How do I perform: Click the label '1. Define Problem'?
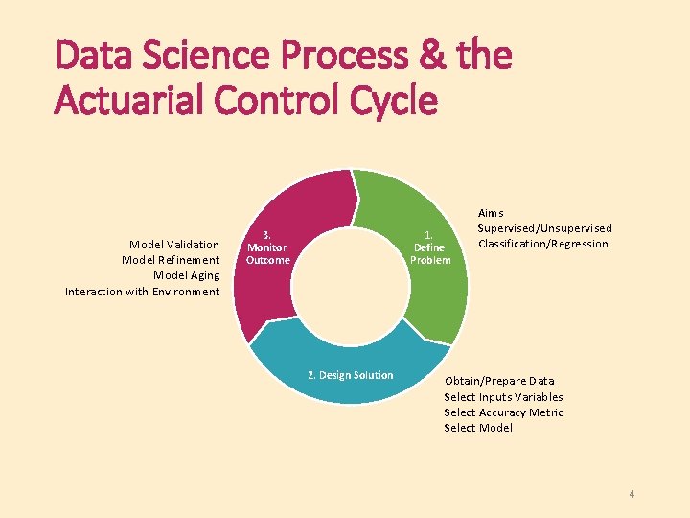click(430, 247)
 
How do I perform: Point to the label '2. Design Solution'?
click(351, 375)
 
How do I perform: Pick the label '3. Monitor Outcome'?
click(267, 247)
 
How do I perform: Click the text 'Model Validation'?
click(174, 245)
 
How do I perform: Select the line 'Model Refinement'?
click(171, 260)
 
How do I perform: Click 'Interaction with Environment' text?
click(142, 292)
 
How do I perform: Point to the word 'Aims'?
click(491, 213)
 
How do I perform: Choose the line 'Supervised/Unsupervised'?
click(544, 228)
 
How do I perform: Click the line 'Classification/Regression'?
click(542, 244)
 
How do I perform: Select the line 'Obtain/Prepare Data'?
click(498, 381)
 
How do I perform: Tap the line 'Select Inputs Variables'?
click(503, 397)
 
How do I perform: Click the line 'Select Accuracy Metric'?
click(503, 412)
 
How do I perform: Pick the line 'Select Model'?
click(477, 428)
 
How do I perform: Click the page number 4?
click(632, 494)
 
